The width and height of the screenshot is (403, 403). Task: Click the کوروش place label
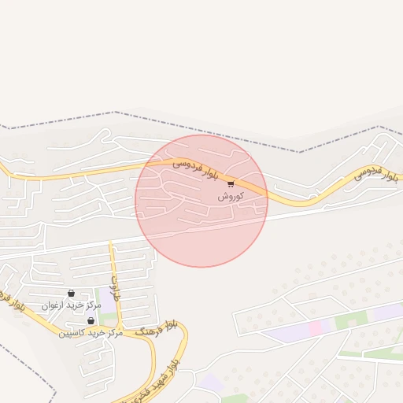pos(230,196)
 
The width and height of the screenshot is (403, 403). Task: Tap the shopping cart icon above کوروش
pos(230,184)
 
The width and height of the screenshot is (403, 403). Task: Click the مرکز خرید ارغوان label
pos(71,305)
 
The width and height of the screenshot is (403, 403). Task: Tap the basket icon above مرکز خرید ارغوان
pos(72,293)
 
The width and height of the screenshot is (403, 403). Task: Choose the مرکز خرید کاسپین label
pos(91,333)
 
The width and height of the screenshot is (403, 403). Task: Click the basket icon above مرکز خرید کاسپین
pos(91,321)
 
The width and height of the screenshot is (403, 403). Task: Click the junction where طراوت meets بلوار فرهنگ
pos(120,327)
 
